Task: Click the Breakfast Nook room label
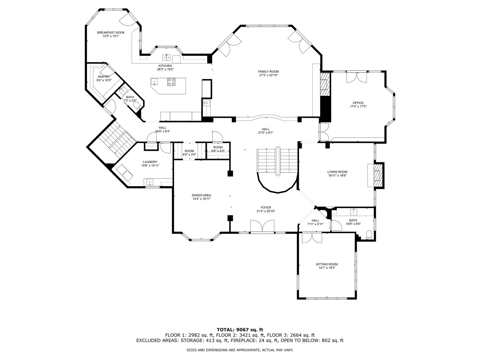pos(111,33)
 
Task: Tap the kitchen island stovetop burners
pos(171,82)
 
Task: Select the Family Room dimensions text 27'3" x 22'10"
pos(268,75)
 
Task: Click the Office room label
pos(358,103)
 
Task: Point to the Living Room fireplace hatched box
pos(379,175)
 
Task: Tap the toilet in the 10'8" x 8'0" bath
pos(369,235)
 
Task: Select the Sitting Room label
pos(327,264)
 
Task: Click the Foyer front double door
pos(262,226)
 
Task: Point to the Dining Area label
pos(201,195)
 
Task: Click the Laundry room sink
pos(150,182)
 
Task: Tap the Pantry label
pos(104,77)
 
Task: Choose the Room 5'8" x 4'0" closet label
pos(218,147)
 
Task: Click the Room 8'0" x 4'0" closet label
pos(189,151)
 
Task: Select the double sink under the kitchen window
pos(166,57)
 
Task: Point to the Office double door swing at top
pos(356,77)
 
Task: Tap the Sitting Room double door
pos(312,238)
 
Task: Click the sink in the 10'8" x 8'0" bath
pos(354,211)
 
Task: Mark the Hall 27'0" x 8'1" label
pos(266,129)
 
